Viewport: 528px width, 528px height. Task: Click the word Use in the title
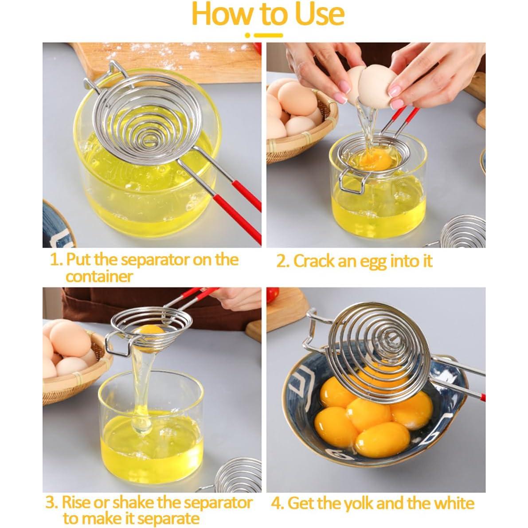319,14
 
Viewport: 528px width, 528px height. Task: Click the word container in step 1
99,277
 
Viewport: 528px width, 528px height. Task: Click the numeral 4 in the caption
276,504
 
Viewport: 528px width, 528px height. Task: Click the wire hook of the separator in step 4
312,330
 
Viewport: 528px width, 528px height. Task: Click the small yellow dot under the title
248,35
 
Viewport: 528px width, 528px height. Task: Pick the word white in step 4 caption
454,504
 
